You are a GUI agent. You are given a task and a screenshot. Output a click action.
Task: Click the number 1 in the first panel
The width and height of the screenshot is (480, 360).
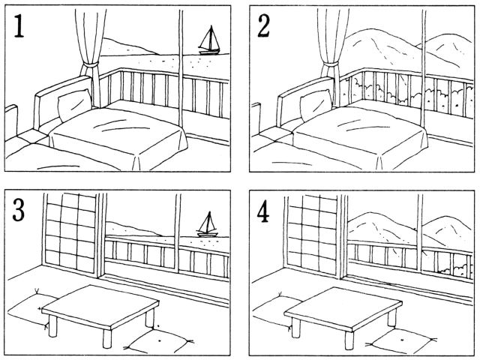click(x=19, y=28)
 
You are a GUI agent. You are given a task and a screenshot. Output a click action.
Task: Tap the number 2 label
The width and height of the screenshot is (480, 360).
click(x=263, y=27)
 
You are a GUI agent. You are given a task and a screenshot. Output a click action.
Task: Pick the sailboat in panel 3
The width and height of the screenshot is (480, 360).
click(x=208, y=224)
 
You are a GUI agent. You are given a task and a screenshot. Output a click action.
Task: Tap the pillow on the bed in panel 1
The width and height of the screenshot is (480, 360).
click(x=74, y=105)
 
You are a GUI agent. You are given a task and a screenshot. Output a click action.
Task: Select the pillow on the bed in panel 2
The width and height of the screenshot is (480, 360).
click(x=316, y=105)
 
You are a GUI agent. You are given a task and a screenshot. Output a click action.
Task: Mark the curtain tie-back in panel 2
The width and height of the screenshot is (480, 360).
click(x=331, y=65)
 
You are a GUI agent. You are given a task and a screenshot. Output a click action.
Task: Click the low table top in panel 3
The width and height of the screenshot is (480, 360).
click(x=100, y=307)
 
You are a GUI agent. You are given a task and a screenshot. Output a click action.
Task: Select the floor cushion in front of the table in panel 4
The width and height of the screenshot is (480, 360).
click(x=401, y=340)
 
